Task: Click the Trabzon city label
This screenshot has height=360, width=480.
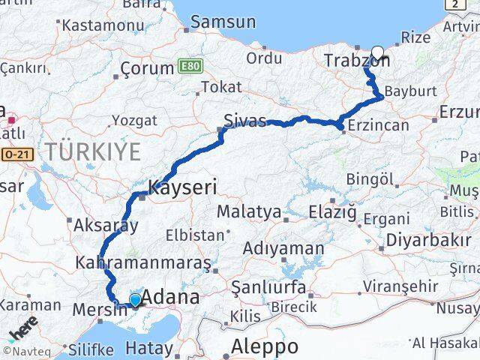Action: point(355,61)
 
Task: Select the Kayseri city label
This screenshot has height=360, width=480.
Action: point(182,187)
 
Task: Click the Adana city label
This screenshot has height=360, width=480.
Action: point(171,297)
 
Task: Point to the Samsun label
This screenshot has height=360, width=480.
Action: point(223,22)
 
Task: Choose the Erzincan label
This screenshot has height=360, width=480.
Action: point(379,124)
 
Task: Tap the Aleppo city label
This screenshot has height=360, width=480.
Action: point(264,346)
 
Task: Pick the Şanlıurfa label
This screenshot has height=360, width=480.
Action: point(268,287)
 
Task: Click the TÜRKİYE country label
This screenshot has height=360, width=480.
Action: point(92,152)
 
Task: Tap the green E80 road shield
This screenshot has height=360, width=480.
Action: point(190,67)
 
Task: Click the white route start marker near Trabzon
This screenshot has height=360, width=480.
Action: point(377,53)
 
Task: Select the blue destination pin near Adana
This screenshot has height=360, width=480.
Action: point(134,300)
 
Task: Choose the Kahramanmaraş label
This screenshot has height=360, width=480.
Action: point(143,263)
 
